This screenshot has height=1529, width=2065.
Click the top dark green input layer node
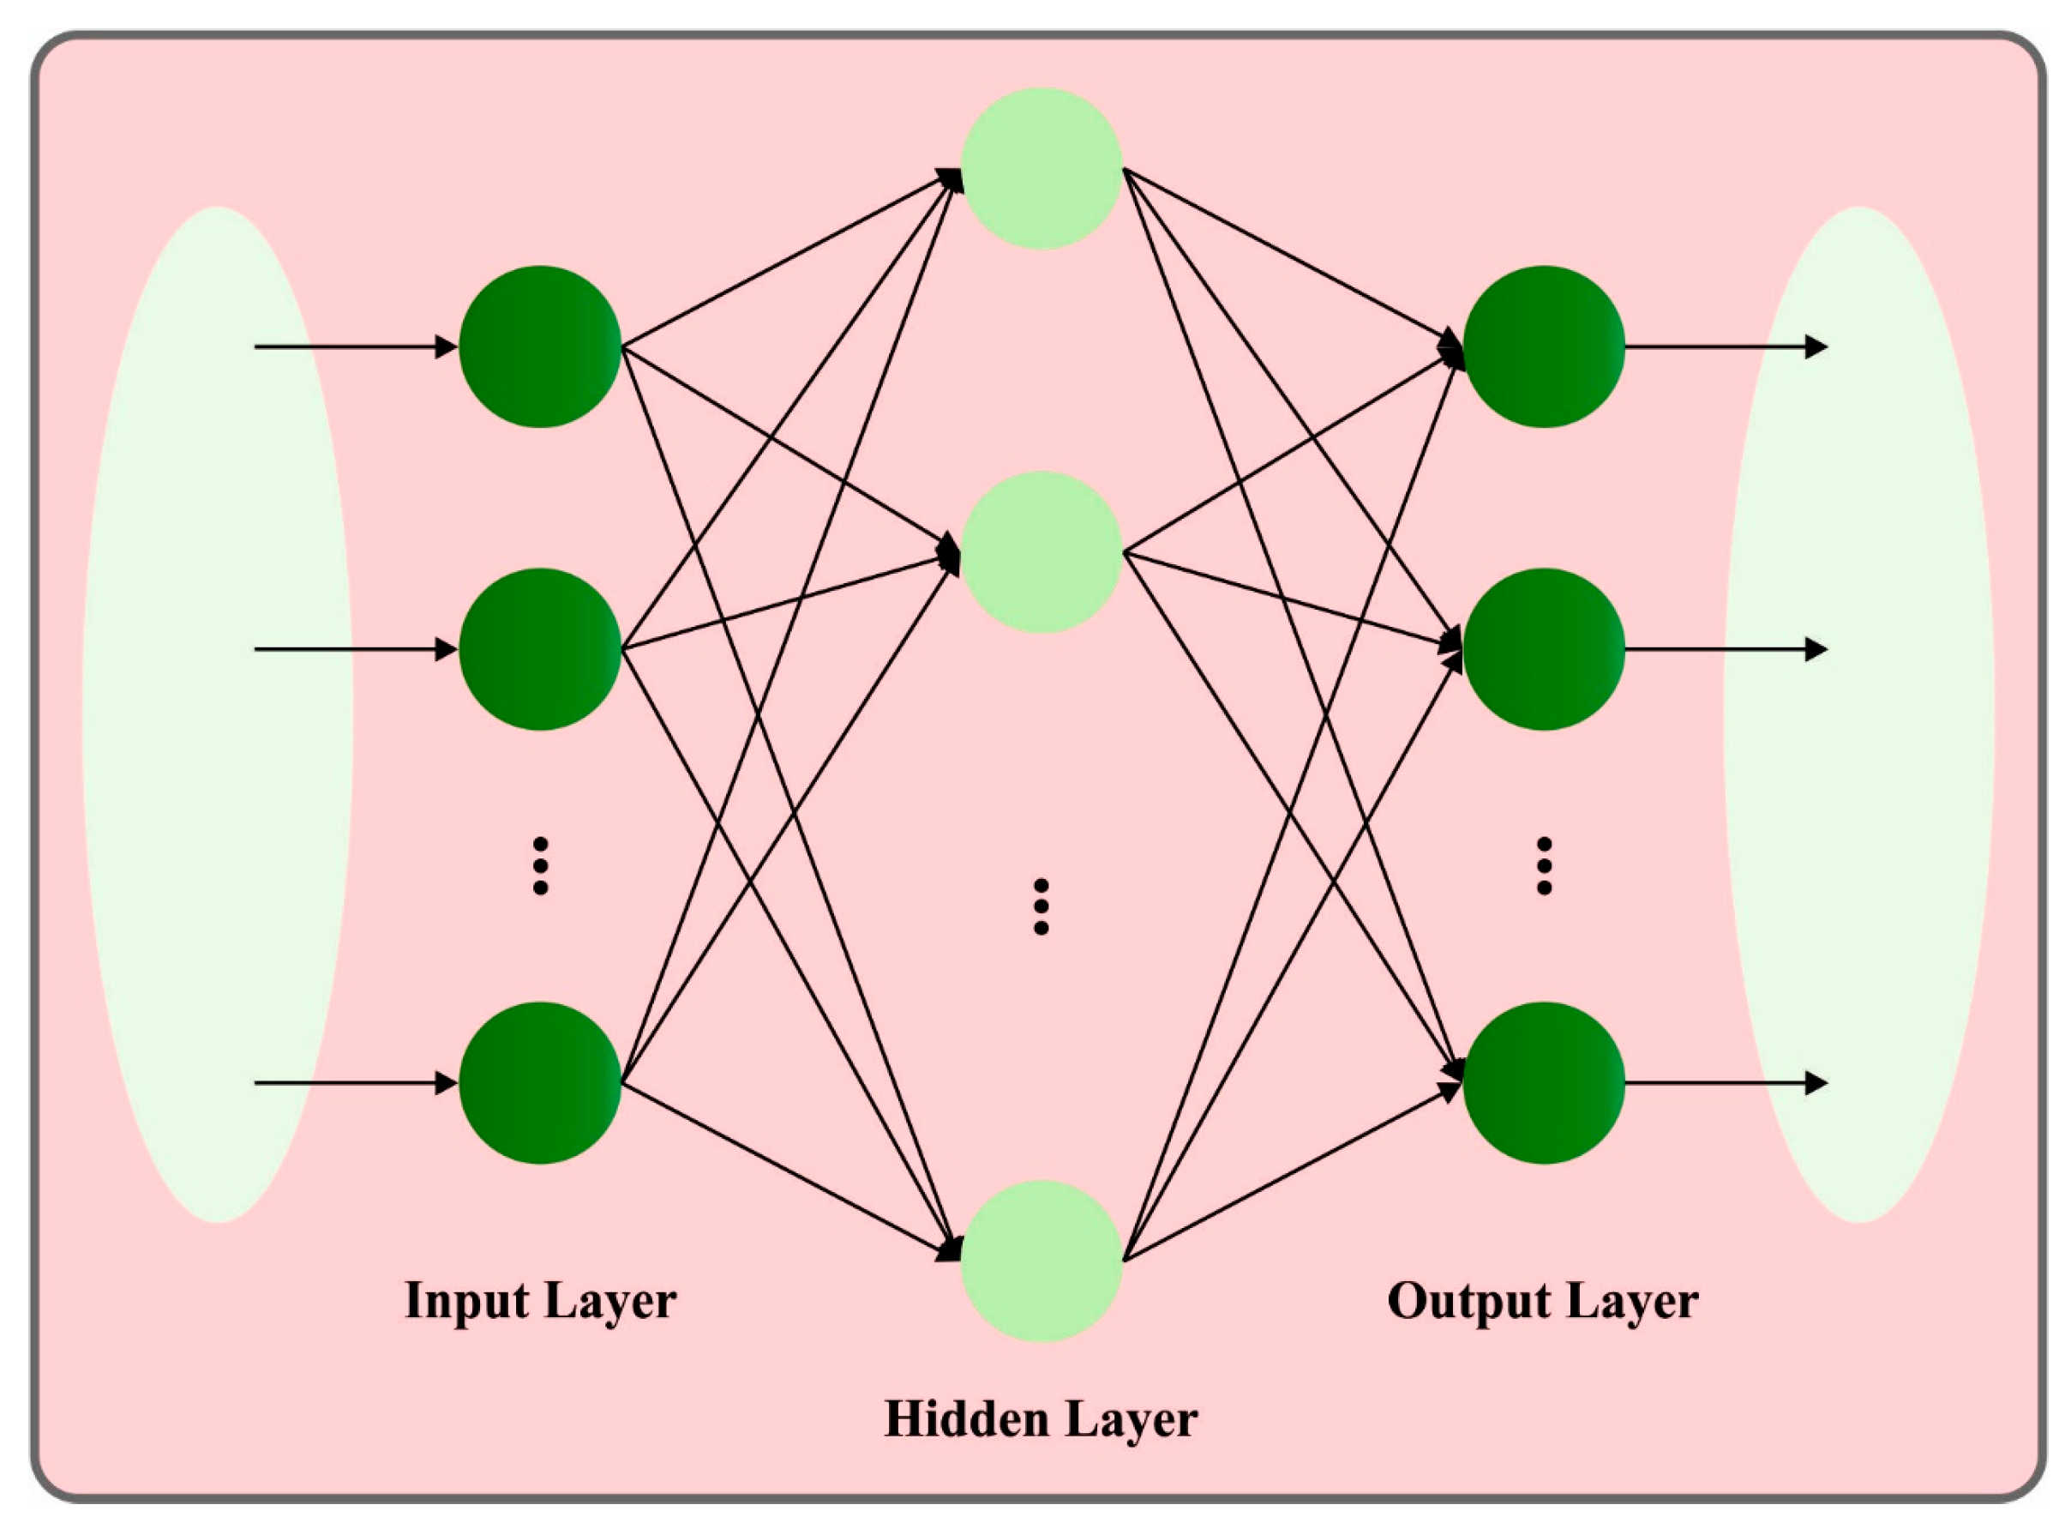pos(539,347)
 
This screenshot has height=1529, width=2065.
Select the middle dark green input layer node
pos(539,650)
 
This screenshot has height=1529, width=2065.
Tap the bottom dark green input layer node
pos(539,1083)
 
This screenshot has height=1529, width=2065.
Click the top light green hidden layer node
pos(1041,168)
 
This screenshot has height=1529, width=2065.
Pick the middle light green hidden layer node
pos(1041,552)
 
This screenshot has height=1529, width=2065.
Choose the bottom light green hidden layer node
pos(1041,1261)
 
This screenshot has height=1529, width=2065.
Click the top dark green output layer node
pos(1543,347)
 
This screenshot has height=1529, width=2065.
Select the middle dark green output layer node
pos(1543,650)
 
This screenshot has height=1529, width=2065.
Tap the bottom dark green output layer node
pos(1543,1083)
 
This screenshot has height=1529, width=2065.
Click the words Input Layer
pos(540,1300)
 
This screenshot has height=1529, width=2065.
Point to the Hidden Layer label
pos(1041,1419)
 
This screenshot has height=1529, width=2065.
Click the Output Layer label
pos(1542,1300)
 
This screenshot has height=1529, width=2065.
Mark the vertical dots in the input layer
pos(540,865)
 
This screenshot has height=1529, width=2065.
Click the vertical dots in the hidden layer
pos(1041,906)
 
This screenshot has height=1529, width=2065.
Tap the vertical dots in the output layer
pos(1543,865)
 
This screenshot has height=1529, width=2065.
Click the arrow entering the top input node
pos(357,347)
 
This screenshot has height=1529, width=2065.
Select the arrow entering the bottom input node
pos(357,1083)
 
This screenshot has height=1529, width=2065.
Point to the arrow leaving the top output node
pos(1726,347)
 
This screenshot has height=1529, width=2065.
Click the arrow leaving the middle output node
pos(1726,650)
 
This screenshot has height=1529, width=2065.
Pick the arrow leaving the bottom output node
pos(1726,1083)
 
